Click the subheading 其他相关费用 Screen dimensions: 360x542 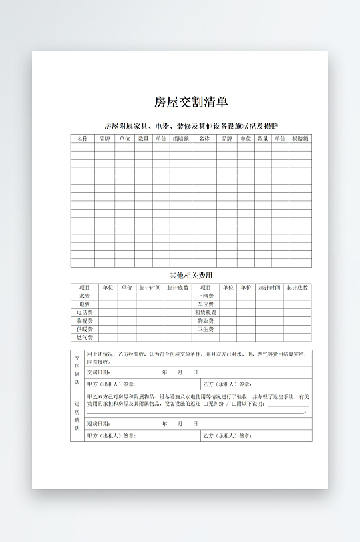[191, 275]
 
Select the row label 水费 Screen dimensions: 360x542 [85, 296]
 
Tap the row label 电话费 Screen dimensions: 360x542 [85, 312]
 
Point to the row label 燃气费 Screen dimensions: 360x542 [85, 338]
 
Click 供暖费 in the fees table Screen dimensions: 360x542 [85, 329]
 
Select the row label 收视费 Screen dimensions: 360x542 [85, 321]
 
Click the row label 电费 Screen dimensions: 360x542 [85, 304]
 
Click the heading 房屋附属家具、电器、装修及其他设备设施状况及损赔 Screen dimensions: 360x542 [191, 126]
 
